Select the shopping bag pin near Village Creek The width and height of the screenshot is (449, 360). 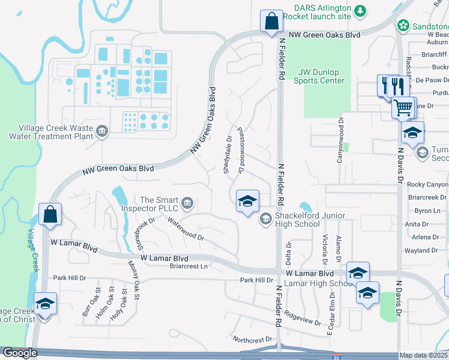point(50,214)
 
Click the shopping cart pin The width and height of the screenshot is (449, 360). point(404,108)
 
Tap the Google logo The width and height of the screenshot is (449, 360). point(20,353)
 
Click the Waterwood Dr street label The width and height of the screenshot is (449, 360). point(186,229)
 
